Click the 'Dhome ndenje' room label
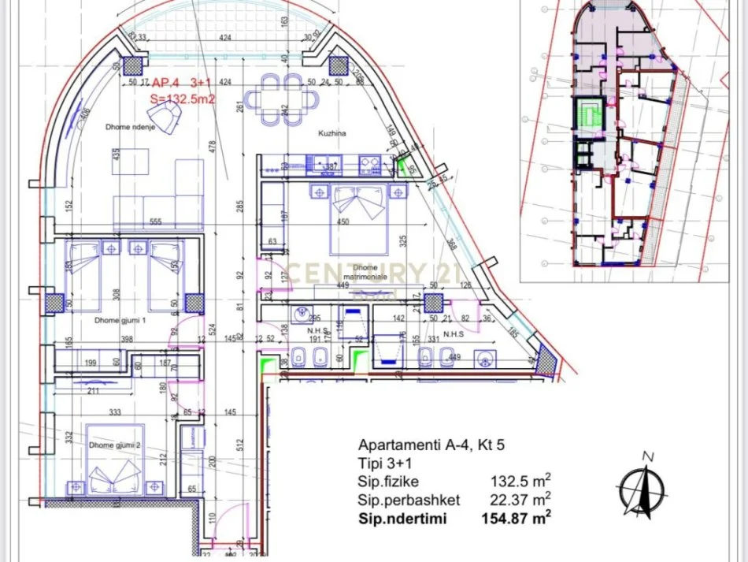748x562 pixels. pyautogui.click(x=131, y=126)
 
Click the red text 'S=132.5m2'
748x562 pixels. pyautogui.click(x=182, y=99)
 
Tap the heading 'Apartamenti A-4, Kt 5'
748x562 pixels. pyautogui.click(x=431, y=445)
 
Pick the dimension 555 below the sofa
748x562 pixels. pyautogui.click(x=155, y=223)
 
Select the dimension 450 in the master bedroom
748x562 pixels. pyautogui.click(x=343, y=222)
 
